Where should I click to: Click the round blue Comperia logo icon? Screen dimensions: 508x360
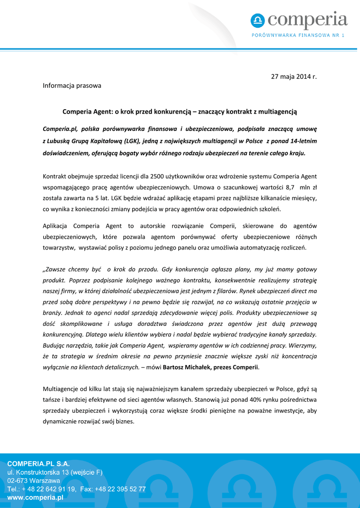(x=258, y=21)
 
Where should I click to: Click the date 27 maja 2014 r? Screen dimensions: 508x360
(x=293, y=76)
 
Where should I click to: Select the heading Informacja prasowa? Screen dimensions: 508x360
(x=72, y=85)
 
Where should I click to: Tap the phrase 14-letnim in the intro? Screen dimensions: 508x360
(x=303, y=141)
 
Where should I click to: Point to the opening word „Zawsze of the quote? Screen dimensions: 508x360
(x=58, y=269)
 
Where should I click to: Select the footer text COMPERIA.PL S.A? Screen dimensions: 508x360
(x=38, y=463)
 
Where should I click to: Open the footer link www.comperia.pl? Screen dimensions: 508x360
(x=35, y=497)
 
